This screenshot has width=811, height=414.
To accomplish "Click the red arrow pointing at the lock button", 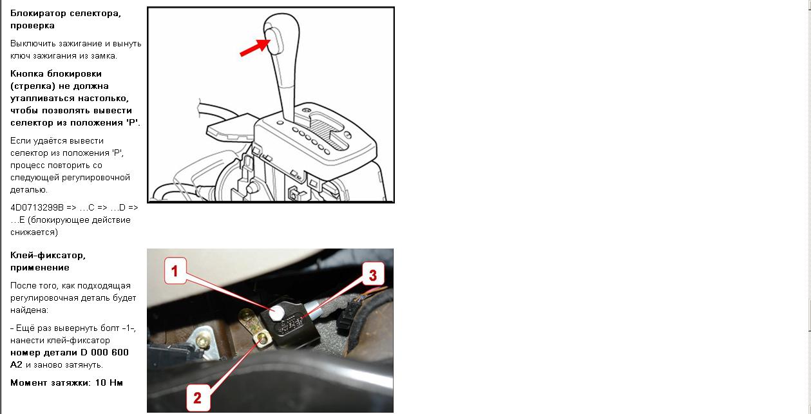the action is tap(255, 48).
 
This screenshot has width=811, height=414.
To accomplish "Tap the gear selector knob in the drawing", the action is tap(281, 36).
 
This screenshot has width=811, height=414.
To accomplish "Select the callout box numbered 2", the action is tap(197, 398).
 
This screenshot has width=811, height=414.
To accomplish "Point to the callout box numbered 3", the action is tap(373, 275).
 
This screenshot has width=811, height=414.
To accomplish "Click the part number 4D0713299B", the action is tap(37, 207).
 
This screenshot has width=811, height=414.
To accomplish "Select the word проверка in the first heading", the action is tap(32, 26).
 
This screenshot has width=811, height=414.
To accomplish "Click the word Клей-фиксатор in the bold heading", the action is tap(48, 256).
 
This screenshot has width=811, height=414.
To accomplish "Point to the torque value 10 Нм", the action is tap(109, 382).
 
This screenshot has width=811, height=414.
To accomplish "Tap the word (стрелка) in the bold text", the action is tap(33, 86).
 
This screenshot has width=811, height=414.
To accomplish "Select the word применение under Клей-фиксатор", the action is tap(40, 268).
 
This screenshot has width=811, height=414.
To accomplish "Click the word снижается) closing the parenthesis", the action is tap(34, 232).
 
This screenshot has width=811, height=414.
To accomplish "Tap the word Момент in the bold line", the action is tap(29, 382).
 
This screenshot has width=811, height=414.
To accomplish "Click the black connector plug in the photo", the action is tap(345, 317).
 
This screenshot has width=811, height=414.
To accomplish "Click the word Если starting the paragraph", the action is tap(19, 141).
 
